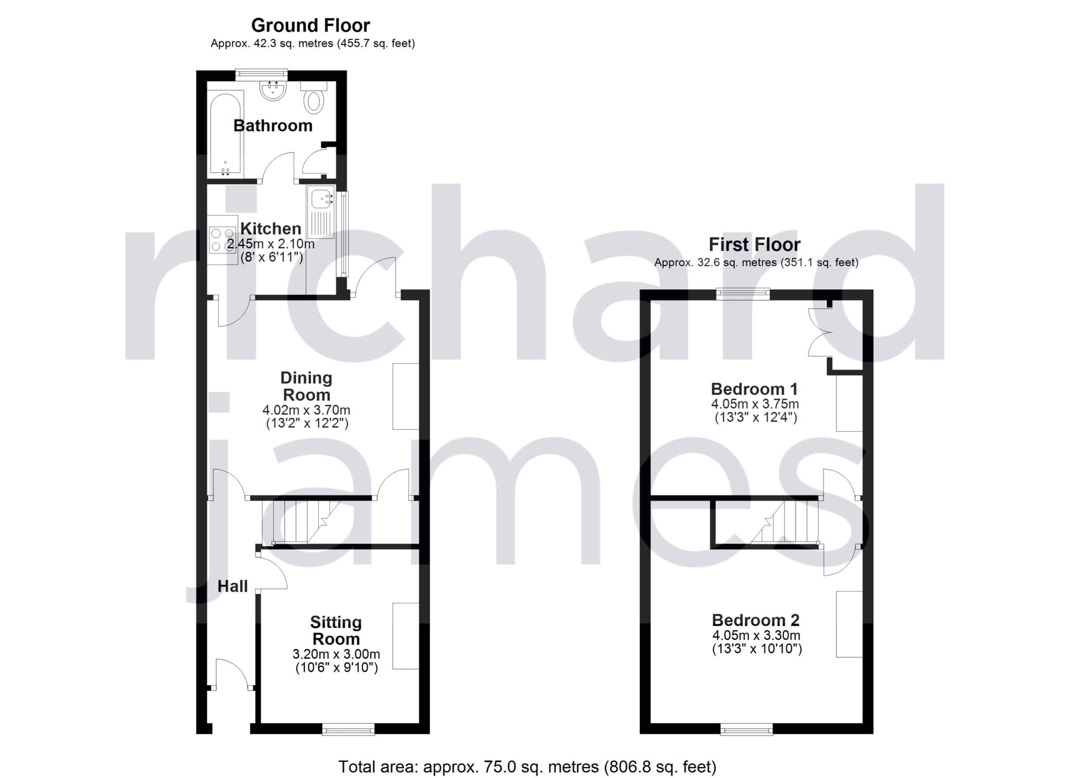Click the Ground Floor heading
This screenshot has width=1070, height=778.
311,25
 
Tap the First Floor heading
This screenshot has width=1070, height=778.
754,244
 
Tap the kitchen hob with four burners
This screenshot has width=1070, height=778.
223,240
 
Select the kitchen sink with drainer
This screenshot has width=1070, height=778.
321,212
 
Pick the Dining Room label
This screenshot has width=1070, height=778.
306,386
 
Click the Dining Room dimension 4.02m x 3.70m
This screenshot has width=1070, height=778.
306,410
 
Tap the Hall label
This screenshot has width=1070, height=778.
232,586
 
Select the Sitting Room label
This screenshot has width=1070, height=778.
336,631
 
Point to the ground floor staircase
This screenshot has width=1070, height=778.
302,521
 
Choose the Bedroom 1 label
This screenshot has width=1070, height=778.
754,389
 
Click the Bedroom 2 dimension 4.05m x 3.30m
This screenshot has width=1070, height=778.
756,635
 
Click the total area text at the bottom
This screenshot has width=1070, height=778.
527,767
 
